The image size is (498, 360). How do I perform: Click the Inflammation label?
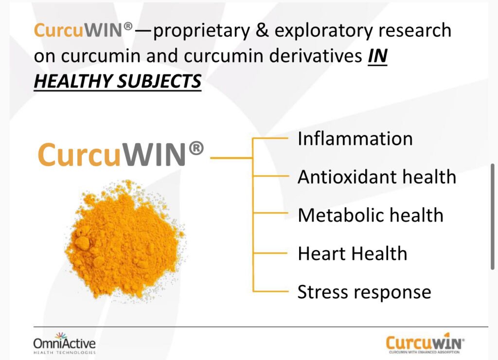[x=355, y=139]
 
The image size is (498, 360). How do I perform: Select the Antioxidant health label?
[x=377, y=177]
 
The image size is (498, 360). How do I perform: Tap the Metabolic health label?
[x=371, y=215]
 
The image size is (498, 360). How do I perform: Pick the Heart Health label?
[x=352, y=253]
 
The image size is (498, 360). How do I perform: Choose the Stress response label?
[x=364, y=292]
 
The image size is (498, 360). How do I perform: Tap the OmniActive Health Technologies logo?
[x=64, y=342]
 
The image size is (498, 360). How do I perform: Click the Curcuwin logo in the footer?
[x=425, y=343]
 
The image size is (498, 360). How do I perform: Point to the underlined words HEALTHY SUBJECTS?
[x=117, y=81]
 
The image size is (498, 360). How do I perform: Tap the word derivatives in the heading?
[x=317, y=56]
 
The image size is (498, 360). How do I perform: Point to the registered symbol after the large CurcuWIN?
[x=196, y=149]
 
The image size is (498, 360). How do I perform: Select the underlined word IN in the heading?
[x=377, y=56]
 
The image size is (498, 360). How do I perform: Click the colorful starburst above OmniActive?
[x=61, y=335]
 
